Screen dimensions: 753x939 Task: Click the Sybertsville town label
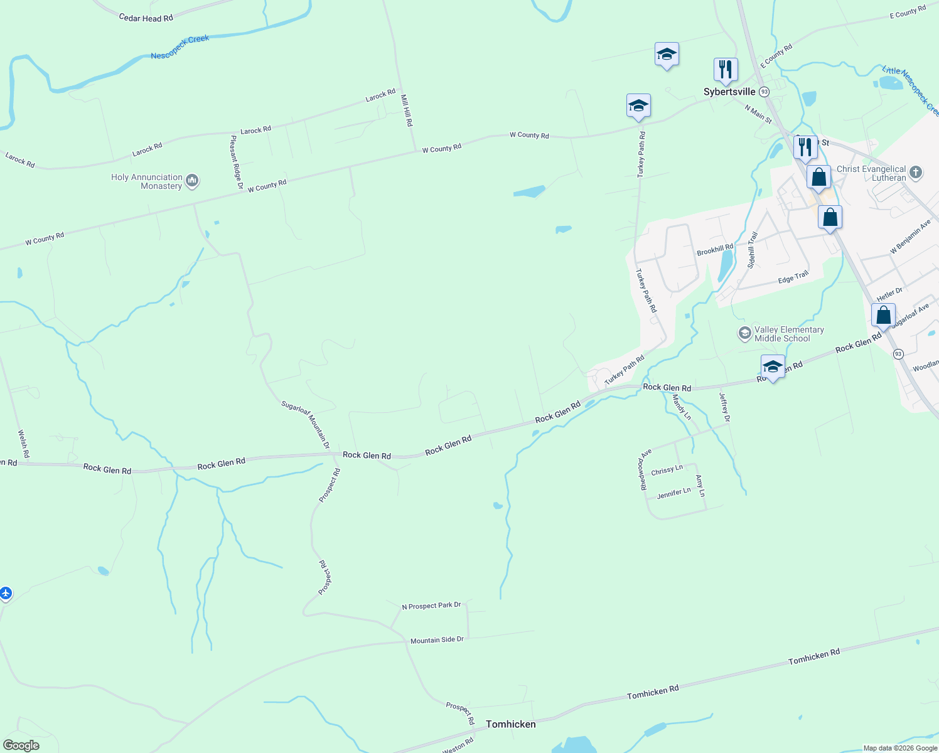coord(729,92)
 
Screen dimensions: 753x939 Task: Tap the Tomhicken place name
coord(511,724)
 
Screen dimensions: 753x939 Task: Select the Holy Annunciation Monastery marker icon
coord(193,181)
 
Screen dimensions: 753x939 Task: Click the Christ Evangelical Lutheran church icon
coord(916,173)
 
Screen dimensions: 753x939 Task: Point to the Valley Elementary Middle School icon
coord(745,333)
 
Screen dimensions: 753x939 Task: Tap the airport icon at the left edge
coord(6,593)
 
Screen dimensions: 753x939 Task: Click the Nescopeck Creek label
coord(180,47)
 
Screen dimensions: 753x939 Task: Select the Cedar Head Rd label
coord(146,18)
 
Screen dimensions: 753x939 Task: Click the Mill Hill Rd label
coord(407,110)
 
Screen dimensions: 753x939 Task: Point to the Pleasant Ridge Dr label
coord(237,162)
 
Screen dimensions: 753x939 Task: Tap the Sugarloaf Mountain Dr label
coord(306,424)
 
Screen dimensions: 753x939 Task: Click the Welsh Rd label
coord(23,444)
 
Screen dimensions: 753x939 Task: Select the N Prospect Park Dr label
coord(431,606)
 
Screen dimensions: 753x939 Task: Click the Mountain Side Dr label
coord(437,640)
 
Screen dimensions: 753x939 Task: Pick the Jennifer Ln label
coord(673,494)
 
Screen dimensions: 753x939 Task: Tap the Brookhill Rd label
coord(715,250)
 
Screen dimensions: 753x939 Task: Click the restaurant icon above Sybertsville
coord(726,70)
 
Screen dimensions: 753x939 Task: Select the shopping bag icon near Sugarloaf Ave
coord(883,316)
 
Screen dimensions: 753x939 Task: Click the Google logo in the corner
coord(21,745)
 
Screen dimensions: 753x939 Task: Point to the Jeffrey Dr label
coord(724,407)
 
